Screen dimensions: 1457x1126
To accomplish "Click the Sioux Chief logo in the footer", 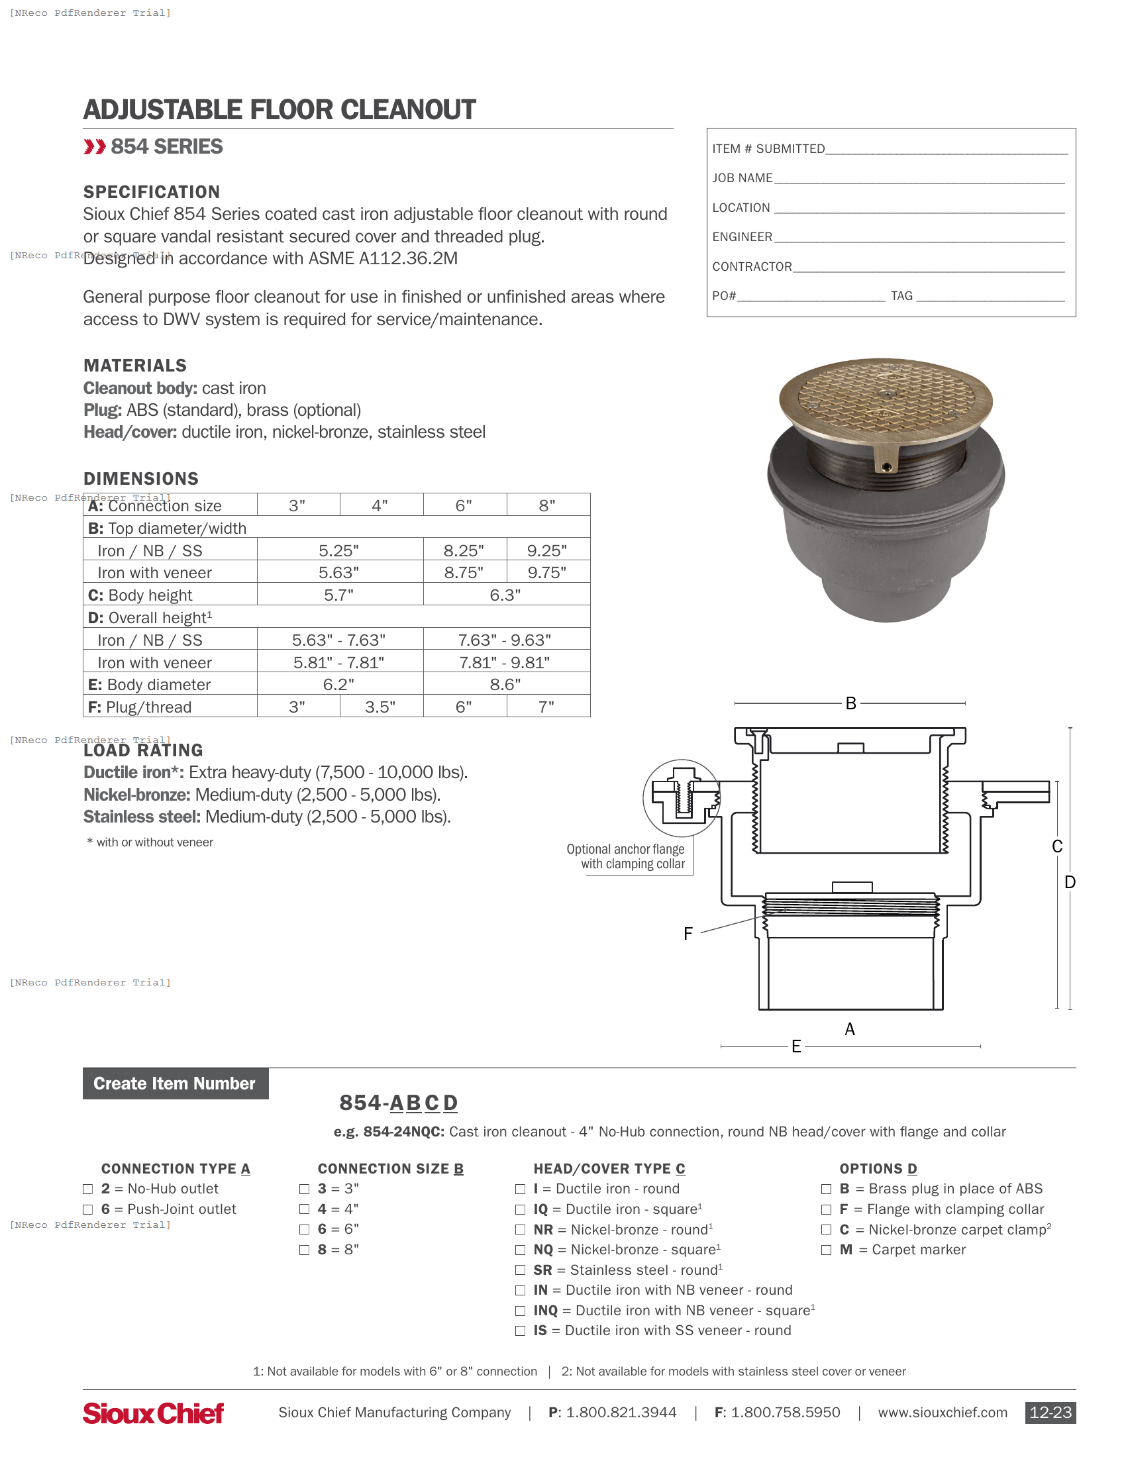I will pyautogui.click(x=153, y=1413).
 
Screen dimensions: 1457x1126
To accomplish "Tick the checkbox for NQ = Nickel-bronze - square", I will pyautogui.click(x=521, y=1250).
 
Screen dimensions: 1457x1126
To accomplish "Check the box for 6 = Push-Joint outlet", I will pyautogui.click(x=88, y=1209).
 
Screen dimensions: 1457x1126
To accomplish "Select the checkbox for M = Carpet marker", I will pyautogui.click(x=826, y=1250).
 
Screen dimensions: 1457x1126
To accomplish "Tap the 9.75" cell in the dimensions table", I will pyautogui.click(x=547, y=572).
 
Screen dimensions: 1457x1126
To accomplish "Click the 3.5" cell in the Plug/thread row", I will pyautogui.click(x=380, y=707).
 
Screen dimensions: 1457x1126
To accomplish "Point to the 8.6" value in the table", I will pyautogui.click(x=505, y=685).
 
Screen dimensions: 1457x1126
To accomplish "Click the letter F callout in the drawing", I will pyautogui.click(x=688, y=933).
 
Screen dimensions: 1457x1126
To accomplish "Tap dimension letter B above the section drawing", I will pyautogui.click(x=850, y=703).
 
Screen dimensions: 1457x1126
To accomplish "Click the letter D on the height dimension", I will pyautogui.click(x=1070, y=882).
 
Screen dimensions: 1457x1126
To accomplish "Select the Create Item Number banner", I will pyautogui.click(x=175, y=1083).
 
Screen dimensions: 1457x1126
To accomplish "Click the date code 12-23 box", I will pyautogui.click(x=1050, y=1413).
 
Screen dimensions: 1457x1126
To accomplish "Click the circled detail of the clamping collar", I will pyautogui.click(x=681, y=798).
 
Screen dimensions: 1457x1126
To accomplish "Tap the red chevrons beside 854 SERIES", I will pyautogui.click(x=95, y=147).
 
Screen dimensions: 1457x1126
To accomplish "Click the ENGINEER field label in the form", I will pyautogui.click(x=742, y=237).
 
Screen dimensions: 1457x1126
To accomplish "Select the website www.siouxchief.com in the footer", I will pyautogui.click(x=942, y=1413).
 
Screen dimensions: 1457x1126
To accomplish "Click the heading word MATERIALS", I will pyautogui.click(x=134, y=366).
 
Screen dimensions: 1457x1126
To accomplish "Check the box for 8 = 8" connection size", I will pyautogui.click(x=305, y=1250).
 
